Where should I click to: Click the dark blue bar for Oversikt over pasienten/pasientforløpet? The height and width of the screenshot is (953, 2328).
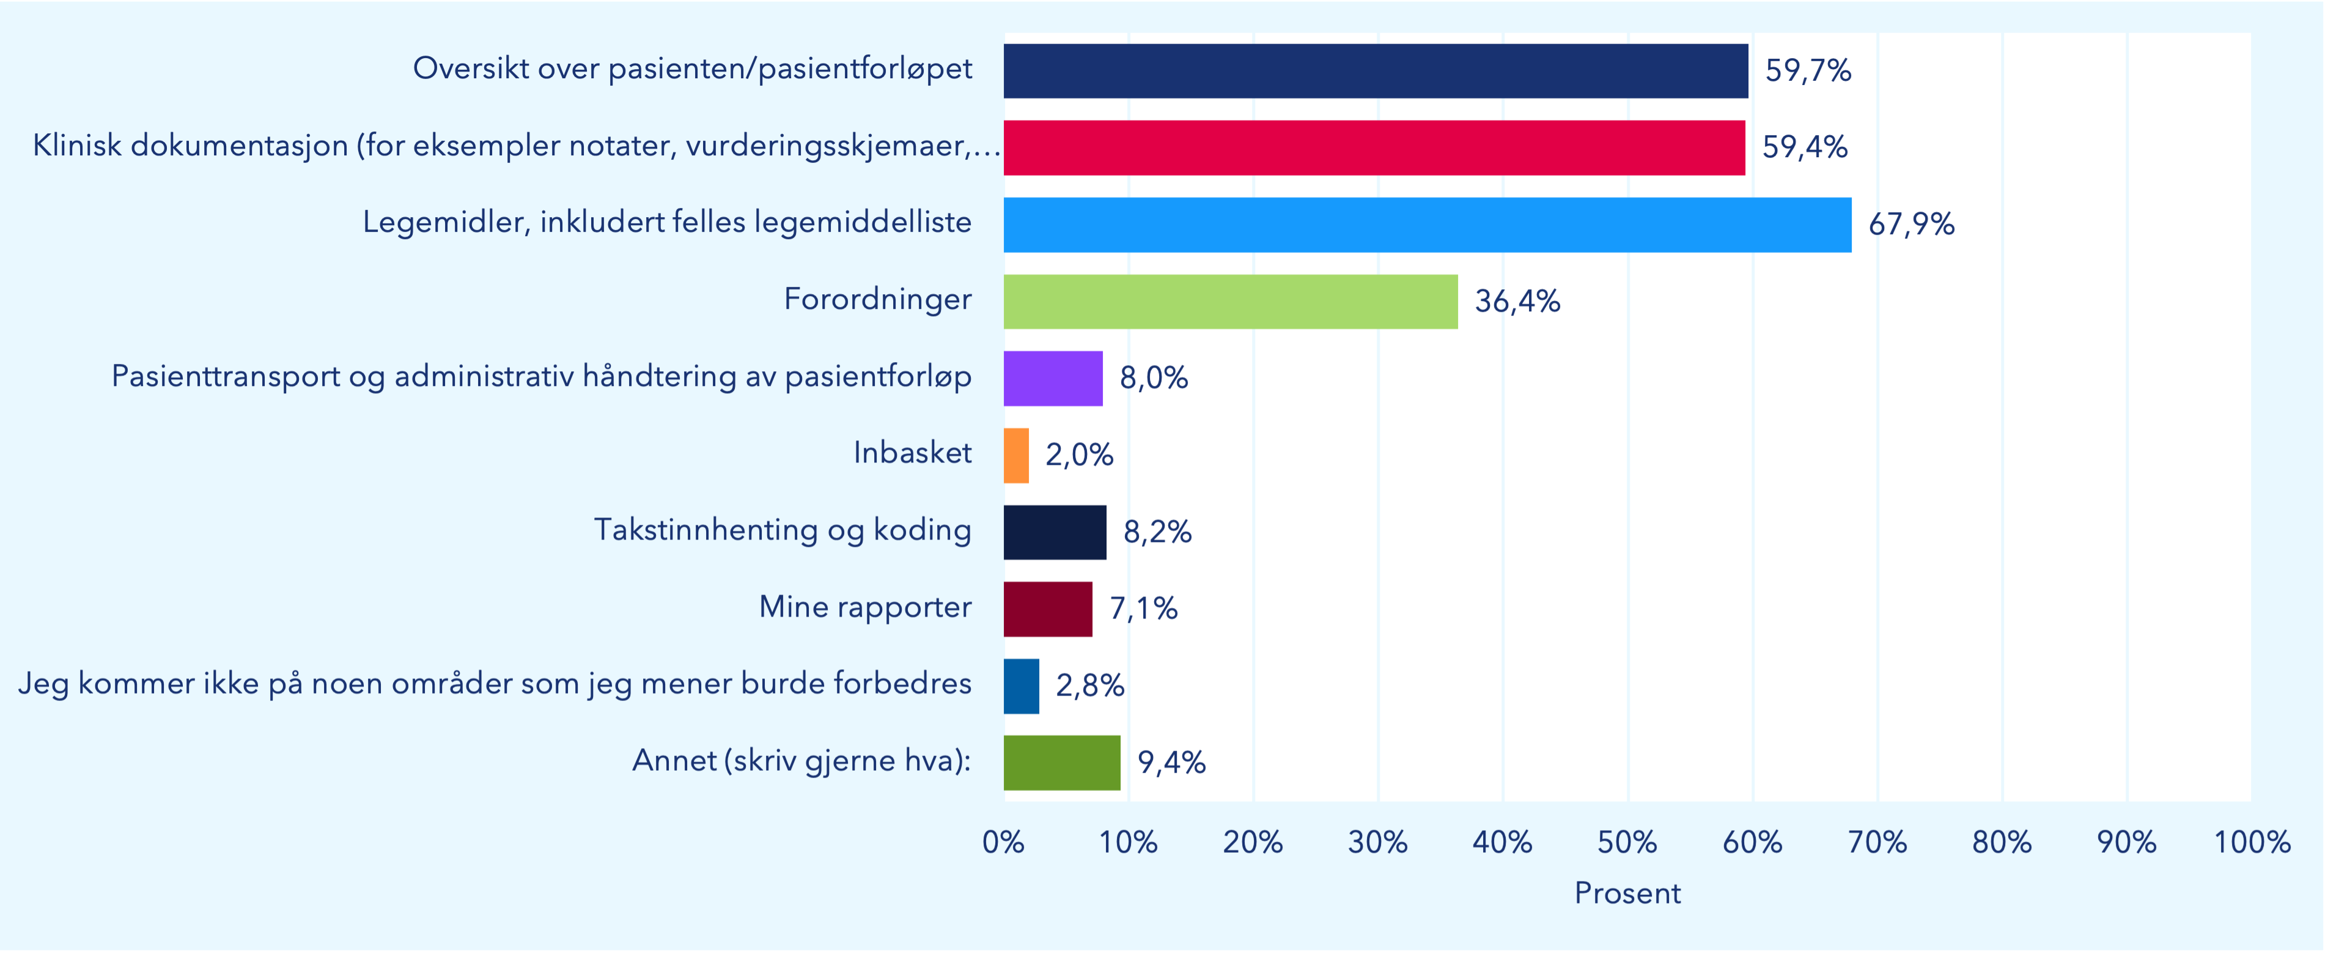1376,70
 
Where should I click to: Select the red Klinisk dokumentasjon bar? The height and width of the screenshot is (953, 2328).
1374,147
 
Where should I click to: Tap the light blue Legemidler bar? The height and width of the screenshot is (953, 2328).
1427,224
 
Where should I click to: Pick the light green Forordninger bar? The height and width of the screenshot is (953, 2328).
1230,301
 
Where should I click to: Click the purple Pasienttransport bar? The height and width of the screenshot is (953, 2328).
1053,378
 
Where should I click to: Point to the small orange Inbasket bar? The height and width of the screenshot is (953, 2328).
1016,455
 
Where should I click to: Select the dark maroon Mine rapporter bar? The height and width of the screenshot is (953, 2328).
1047,609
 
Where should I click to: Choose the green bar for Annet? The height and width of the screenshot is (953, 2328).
1062,762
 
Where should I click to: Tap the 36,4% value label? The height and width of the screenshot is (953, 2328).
1517,301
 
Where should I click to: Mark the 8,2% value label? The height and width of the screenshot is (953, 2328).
1157,532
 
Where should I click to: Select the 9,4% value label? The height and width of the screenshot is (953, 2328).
1171,762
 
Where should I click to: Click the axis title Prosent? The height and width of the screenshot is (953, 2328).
1627,893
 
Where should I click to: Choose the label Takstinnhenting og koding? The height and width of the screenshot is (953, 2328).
782,530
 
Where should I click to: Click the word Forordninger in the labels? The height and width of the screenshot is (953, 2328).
877,299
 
